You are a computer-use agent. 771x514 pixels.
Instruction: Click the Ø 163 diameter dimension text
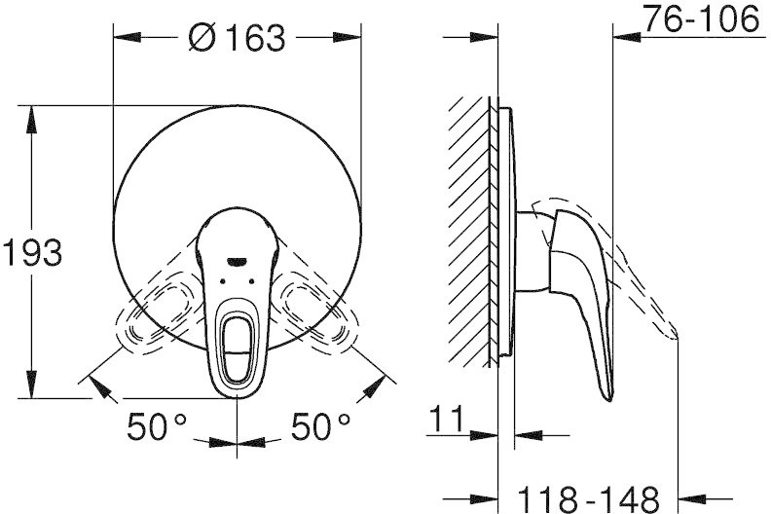[237, 38]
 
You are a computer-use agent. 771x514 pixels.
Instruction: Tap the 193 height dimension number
[33, 252]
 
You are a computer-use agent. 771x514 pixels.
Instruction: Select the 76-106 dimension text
[702, 19]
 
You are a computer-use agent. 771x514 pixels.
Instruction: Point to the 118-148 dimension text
[589, 499]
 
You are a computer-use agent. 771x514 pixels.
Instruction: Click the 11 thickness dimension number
[447, 419]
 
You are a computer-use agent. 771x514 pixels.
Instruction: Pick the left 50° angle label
[157, 426]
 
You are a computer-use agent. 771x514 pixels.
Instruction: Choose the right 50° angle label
[320, 426]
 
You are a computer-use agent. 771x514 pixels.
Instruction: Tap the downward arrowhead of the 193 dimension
[32, 385]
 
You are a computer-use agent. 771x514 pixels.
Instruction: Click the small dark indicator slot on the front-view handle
[238, 261]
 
